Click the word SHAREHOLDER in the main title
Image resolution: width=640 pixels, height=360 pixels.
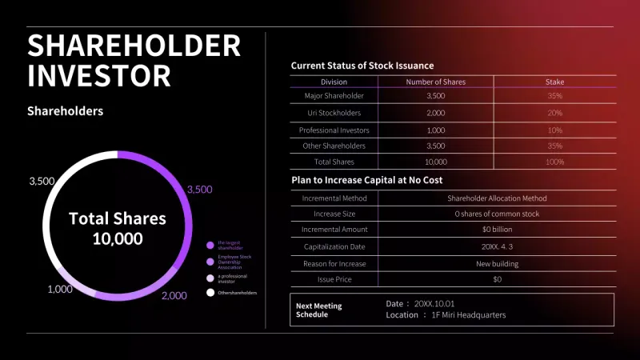pyautogui.click(x=134, y=45)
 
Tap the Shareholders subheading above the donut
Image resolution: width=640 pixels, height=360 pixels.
pyautogui.click(x=65, y=111)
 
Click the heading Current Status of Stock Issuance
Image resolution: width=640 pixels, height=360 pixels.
pyautogui.click(x=362, y=66)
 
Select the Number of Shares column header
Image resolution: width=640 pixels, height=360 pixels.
pyautogui.click(x=435, y=82)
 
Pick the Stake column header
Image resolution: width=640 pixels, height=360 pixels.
pyautogui.click(x=554, y=82)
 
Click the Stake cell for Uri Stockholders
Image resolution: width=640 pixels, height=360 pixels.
pyautogui.click(x=554, y=113)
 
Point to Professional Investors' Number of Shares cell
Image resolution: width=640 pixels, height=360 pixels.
pyautogui.click(x=435, y=130)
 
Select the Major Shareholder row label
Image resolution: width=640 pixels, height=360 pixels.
pyautogui.click(x=334, y=96)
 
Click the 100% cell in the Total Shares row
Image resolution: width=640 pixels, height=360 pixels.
pyautogui.click(x=554, y=162)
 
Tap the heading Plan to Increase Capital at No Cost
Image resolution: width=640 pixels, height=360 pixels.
pyautogui.click(x=366, y=181)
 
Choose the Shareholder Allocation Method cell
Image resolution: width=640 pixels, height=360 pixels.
pyautogui.click(x=497, y=198)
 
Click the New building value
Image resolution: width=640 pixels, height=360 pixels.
pyautogui.click(x=497, y=263)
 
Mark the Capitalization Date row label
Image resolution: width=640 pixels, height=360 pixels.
pyautogui.click(x=334, y=246)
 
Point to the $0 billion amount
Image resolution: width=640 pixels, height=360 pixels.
pyautogui.click(x=497, y=230)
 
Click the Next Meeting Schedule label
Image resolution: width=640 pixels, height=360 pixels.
pyautogui.click(x=318, y=310)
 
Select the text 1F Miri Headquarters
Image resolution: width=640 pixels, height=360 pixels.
pyautogui.click(x=469, y=315)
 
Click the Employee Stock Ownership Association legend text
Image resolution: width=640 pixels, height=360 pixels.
pyautogui.click(x=234, y=261)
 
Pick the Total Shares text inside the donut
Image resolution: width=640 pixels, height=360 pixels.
pyautogui.click(x=117, y=218)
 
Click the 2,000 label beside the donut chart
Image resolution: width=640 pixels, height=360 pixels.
pyautogui.click(x=174, y=295)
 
